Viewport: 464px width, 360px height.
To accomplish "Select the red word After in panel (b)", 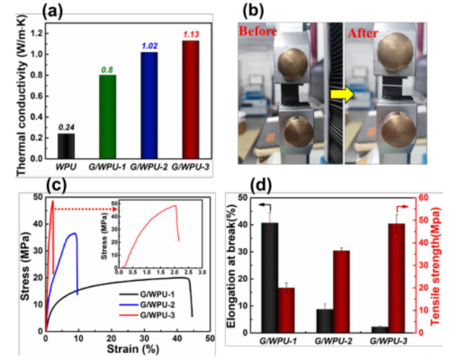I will (364, 31).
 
